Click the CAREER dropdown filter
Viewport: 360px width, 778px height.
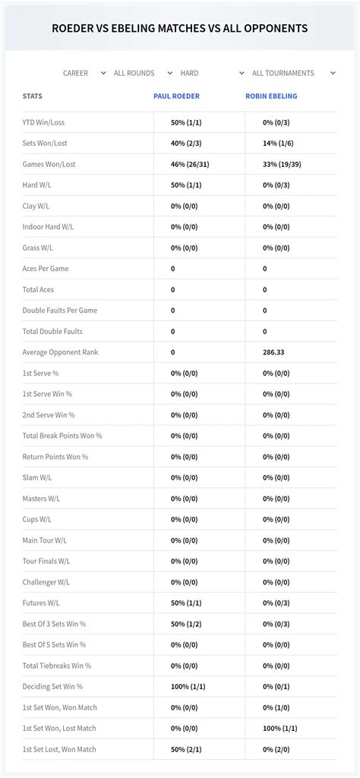(x=84, y=74)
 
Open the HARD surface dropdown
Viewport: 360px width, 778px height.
(x=205, y=74)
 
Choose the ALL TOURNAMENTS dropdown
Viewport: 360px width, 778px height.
(x=292, y=74)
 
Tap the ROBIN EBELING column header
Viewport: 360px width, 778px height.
(x=271, y=96)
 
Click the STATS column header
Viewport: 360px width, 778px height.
(x=33, y=96)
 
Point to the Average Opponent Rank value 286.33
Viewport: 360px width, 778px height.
(x=274, y=352)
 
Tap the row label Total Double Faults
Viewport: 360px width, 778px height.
(x=52, y=332)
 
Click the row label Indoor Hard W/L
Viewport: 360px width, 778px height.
(x=48, y=227)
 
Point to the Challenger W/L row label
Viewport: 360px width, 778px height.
(x=46, y=582)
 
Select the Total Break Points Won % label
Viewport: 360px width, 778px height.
(x=62, y=436)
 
